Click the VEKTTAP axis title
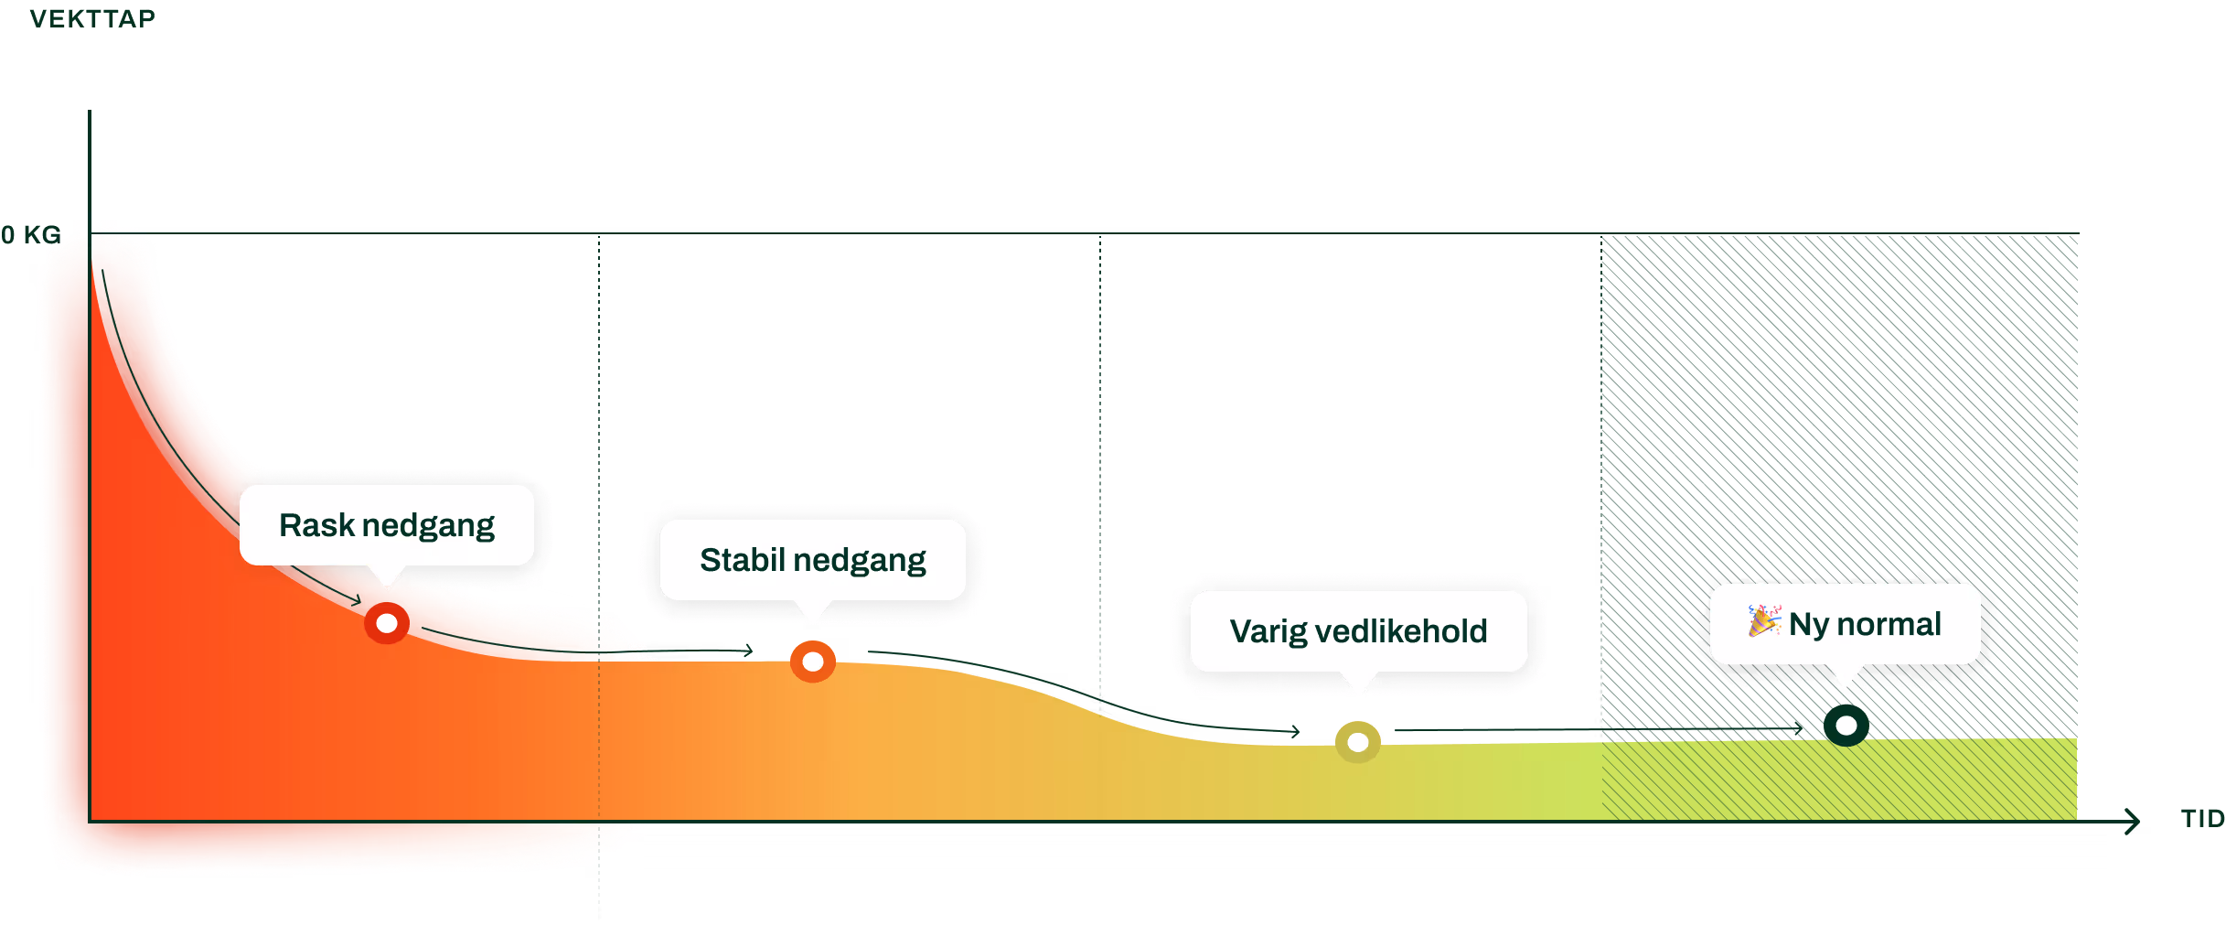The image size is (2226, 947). (92, 18)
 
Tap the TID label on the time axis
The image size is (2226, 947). (2202, 818)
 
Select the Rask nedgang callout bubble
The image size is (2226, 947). (386, 525)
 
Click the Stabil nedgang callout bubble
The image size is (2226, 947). (812, 560)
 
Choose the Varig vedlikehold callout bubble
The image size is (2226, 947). (1358, 631)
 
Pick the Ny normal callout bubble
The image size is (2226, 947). (1845, 624)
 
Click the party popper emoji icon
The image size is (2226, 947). (1764, 621)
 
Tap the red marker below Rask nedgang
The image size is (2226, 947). (387, 623)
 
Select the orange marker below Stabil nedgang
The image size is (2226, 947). (813, 662)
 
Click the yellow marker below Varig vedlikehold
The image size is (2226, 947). (1358, 742)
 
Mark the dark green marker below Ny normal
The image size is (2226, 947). (1846, 726)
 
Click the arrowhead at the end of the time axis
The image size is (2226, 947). (2134, 822)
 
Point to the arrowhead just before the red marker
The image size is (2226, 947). (356, 600)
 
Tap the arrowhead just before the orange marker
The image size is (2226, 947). (748, 651)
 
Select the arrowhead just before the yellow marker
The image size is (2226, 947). (1295, 731)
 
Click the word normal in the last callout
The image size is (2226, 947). (1889, 624)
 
